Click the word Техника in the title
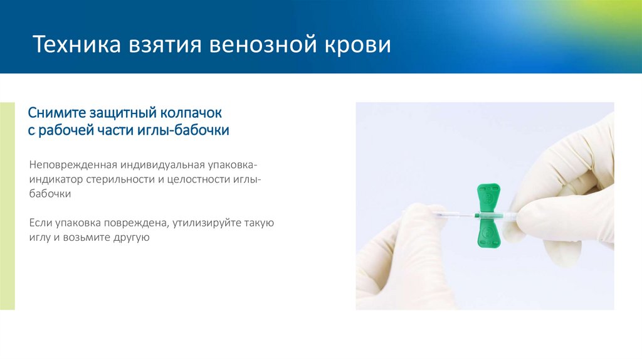coord(71,46)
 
